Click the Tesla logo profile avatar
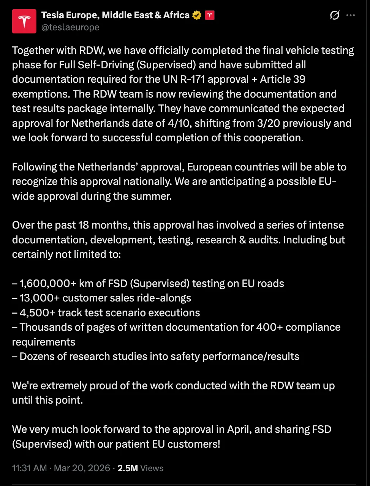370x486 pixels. (24, 21)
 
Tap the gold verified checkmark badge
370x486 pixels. (197, 15)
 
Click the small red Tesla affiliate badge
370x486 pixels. (210, 15)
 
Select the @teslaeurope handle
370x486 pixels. (70, 27)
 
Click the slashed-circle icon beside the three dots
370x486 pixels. (334, 15)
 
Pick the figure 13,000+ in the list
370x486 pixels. (40, 298)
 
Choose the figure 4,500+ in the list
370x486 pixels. (37, 313)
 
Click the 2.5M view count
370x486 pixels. (128, 468)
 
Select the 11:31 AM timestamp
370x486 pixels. (30, 468)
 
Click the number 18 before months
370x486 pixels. (83, 225)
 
